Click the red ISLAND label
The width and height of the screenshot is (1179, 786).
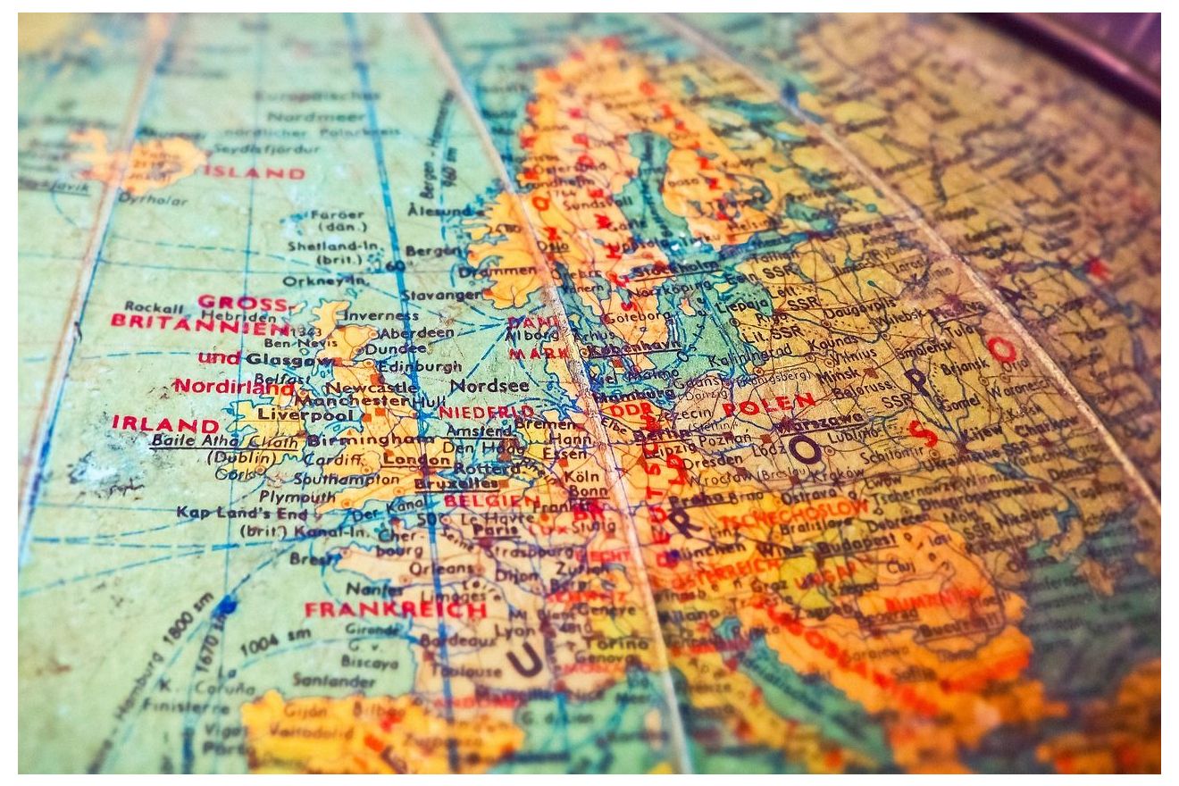(255, 172)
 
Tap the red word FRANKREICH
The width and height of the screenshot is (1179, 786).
(395, 610)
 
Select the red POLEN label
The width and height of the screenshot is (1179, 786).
(768, 404)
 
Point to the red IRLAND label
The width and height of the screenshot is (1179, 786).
(165, 423)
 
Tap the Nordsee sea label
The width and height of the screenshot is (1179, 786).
(489, 386)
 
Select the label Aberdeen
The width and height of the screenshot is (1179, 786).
(418, 331)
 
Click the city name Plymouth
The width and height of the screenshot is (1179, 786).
(297, 497)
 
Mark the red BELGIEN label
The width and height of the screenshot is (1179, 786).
(491, 501)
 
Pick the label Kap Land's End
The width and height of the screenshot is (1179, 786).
(241, 513)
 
